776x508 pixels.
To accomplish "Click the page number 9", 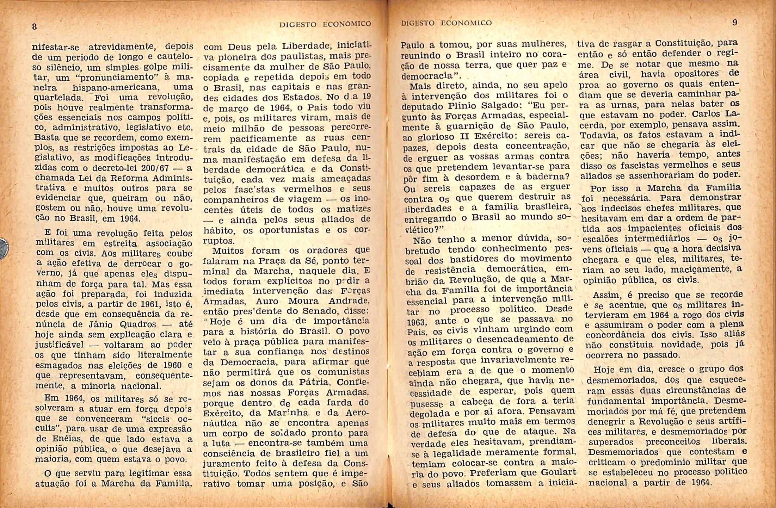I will [x=735, y=23].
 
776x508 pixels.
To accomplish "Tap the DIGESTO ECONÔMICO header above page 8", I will [x=325, y=24].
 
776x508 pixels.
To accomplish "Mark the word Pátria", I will [x=313, y=382].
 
